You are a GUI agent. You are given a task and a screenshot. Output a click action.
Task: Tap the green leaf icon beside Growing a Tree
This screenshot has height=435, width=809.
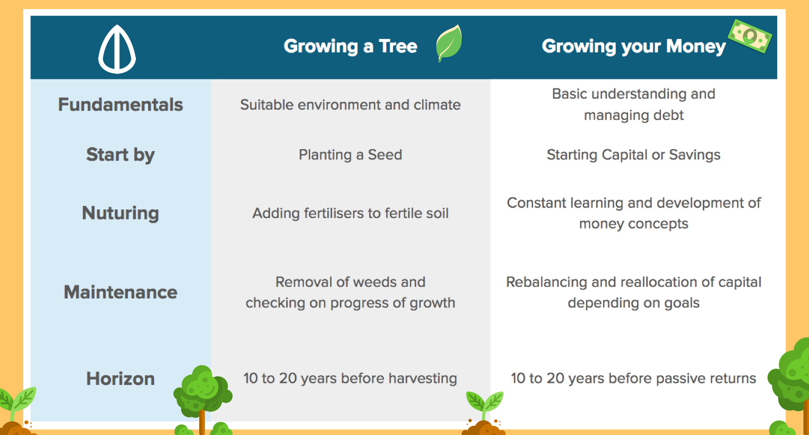click(449, 43)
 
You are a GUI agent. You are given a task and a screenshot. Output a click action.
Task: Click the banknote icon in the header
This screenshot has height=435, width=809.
click(750, 36)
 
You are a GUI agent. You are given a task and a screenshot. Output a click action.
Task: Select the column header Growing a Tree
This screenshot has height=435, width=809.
click(350, 46)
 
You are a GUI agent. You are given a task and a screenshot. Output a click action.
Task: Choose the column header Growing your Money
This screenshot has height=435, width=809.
click(634, 47)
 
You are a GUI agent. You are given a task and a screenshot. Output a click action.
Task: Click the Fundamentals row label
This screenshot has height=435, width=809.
click(121, 105)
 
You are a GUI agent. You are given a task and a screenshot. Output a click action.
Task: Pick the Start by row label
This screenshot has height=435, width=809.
click(121, 155)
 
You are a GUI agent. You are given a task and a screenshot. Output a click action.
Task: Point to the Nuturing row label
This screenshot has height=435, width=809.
click(121, 213)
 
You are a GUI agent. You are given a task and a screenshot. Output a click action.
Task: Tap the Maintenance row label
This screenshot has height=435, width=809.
click(121, 292)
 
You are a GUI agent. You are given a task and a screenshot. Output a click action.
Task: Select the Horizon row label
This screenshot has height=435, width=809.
click(121, 379)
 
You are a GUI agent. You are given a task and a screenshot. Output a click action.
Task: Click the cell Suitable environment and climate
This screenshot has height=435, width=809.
click(350, 105)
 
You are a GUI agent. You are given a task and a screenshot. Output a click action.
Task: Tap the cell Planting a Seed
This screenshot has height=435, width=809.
click(350, 155)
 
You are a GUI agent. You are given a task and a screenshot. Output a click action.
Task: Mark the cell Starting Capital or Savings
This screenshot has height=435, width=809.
click(634, 155)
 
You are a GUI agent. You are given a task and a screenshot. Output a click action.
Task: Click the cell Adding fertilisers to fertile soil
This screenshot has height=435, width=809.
click(350, 213)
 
